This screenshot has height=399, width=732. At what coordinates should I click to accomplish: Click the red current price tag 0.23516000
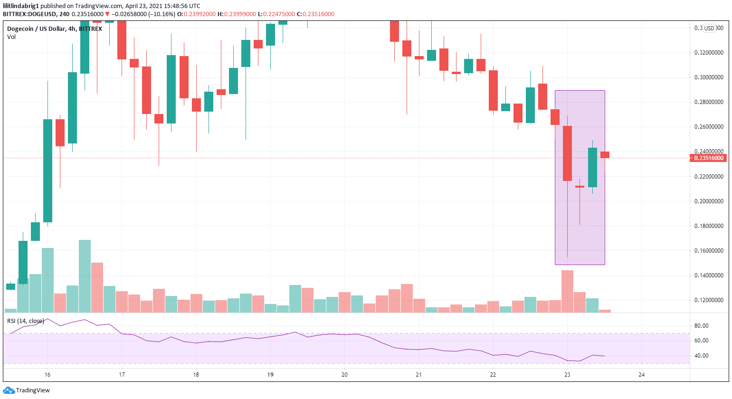(x=708, y=158)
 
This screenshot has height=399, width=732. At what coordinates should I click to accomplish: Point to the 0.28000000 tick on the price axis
(x=709, y=102)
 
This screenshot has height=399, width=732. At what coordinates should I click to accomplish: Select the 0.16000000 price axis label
(x=709, y=251)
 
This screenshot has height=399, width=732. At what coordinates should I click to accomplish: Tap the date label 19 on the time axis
(x=270, y=375)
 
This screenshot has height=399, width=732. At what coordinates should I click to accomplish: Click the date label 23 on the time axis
(x=567, y=375)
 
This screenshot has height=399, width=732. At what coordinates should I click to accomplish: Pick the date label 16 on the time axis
(x=48, y=375)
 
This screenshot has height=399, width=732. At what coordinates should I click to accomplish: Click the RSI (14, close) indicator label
(x=26, y=321)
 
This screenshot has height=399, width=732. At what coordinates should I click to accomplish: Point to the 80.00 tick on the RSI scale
(x=701, y=326)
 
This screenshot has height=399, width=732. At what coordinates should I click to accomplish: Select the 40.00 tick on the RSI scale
(x=701, y=356)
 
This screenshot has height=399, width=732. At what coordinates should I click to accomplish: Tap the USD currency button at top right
(x=709, y=28)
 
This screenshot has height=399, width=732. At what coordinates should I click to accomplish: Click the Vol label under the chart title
(x=11, y=37)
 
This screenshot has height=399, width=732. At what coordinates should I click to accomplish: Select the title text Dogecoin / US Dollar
(x=36, y=29)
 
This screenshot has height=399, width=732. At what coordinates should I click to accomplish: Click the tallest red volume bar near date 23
(x=567, y=291)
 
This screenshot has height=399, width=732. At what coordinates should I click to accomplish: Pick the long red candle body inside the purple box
(x=567, y=153)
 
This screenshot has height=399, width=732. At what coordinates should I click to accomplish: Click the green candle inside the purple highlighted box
(x=592, y=167)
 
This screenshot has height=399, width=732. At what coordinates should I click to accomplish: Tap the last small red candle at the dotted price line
(x=605, y=155)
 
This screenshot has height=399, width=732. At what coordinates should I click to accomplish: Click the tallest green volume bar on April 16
(x=85, y=275)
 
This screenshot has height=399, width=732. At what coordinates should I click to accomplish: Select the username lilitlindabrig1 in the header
(x=21, y=6)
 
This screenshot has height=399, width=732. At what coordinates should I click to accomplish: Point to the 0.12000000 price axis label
(x=709, y=300)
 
